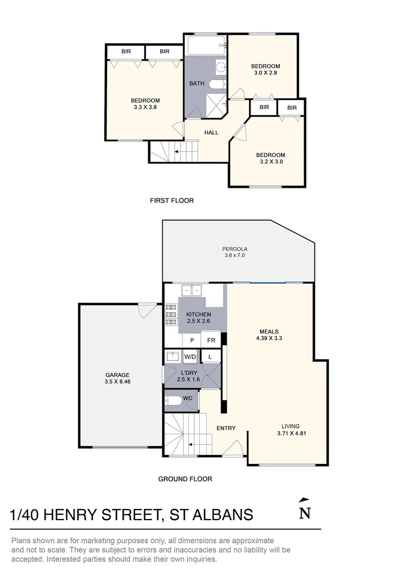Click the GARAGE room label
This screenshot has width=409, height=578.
(117, 375)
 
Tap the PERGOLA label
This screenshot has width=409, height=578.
(234, 249)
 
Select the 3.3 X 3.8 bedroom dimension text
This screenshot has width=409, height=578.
(145, 107)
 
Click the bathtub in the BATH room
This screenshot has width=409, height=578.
(205, 47)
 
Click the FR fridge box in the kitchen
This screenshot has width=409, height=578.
(211, 340)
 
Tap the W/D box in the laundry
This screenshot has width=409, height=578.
(190, 356)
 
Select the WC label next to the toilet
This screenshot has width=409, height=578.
(187, 399)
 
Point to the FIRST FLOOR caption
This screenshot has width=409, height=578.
(171, 201)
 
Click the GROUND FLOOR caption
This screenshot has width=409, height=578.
(185, 479)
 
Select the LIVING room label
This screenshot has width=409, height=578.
(289, 427)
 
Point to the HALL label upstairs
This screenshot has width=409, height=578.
(211, 132)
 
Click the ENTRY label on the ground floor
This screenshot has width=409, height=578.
(226, 428)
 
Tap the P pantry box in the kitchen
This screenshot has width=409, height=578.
(192, 340)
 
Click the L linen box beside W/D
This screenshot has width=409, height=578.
(210, 356)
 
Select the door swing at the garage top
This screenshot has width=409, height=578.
(146, 311)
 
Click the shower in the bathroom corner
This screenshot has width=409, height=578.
(217, 104)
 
